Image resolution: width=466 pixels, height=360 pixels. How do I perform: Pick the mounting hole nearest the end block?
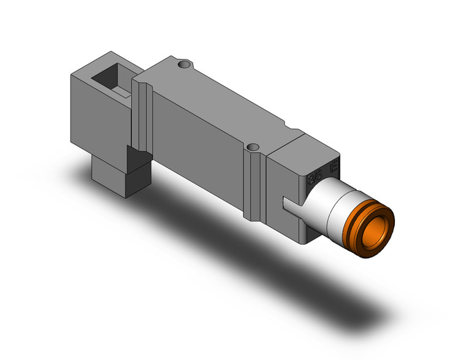pos(252,148)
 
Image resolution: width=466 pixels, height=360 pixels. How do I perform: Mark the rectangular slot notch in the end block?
pos(293,201)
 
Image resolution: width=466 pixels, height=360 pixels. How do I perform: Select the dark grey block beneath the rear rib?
pos(137,169)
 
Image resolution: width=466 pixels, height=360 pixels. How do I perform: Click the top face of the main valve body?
pos(208,98)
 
